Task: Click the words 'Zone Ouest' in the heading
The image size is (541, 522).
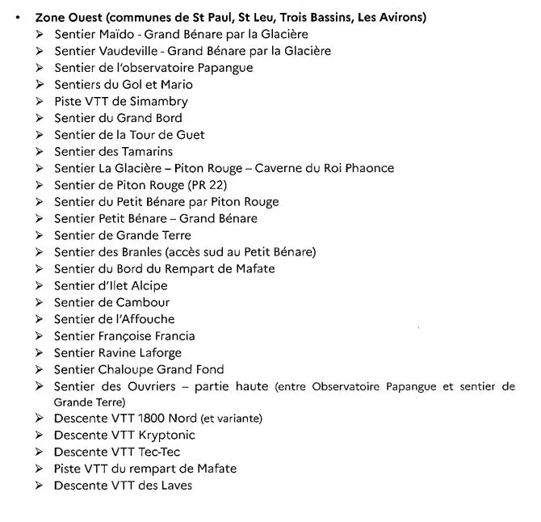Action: pyautogui.click(x=69, y=17)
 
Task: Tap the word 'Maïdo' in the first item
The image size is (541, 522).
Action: pyautogui.click(x=120, y=34)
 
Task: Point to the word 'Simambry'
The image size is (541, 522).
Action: pyautogui.click(x=160, y=101)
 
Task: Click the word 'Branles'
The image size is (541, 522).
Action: pyautogui.click(x=140, y=252)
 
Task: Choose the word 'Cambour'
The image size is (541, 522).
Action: pyautogui.click(x=143, y=302)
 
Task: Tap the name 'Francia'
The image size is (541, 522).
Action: pyautogui.click(x=173, y=336)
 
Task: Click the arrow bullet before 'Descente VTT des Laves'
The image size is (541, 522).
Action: pyautogui.click(x=41, y=486)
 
